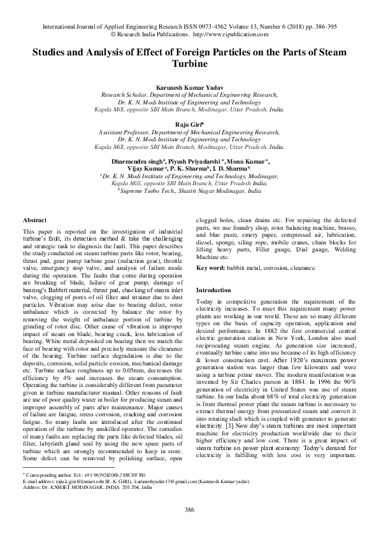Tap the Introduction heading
pos(214,290)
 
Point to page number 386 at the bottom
pos(189,510)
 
